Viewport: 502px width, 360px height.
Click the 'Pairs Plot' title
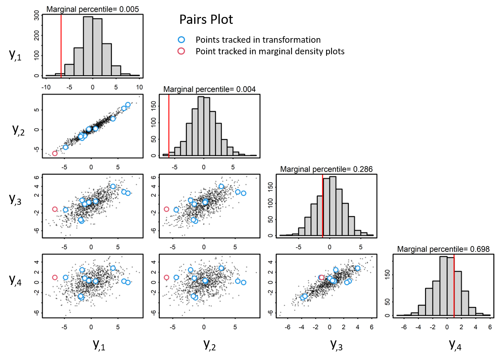(206, 20)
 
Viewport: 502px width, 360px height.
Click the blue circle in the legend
(181, 39)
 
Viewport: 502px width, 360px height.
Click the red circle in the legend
(181, 51)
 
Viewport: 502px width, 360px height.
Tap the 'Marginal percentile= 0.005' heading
(93, 9)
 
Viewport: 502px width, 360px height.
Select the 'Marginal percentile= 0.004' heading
(209, 89)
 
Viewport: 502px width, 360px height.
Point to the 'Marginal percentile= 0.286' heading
(326, 169)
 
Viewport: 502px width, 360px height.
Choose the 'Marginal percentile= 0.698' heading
(443, 249)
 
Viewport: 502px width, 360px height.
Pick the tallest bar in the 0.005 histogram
(88, 46)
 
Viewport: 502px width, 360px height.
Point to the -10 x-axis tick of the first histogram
(46, 87)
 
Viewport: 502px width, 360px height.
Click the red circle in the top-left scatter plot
(55, 153)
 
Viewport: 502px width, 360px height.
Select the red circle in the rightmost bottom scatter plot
(322, 277)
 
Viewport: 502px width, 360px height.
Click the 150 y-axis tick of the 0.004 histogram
(153, 106)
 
